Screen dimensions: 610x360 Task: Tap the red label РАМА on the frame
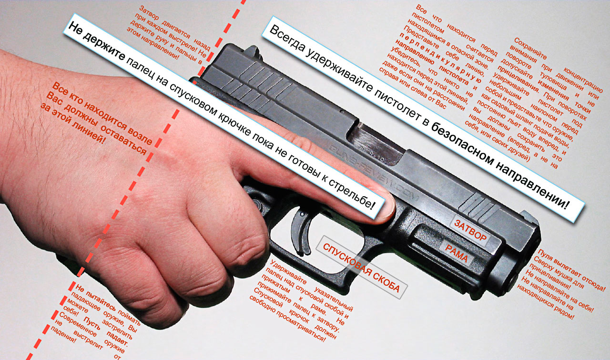457,253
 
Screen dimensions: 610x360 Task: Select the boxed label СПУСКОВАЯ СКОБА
361,268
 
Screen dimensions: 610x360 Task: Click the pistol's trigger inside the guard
301,231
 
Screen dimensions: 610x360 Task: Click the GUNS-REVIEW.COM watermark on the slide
373,174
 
